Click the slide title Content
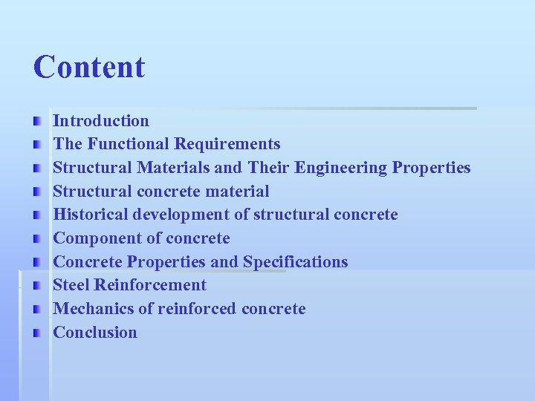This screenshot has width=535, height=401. pos(88,67)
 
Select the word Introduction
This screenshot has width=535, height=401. pos(101,120)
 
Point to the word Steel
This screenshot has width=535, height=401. pos(71,285)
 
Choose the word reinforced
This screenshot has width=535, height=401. pos(198,309)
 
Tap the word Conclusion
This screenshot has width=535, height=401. pos(95,333)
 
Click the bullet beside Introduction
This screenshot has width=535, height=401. pos(37,120)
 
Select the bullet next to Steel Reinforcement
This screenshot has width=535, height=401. pos(37,285)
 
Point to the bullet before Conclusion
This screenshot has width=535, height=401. pos(37,333)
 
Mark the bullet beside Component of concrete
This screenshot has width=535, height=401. pos(37,238)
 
